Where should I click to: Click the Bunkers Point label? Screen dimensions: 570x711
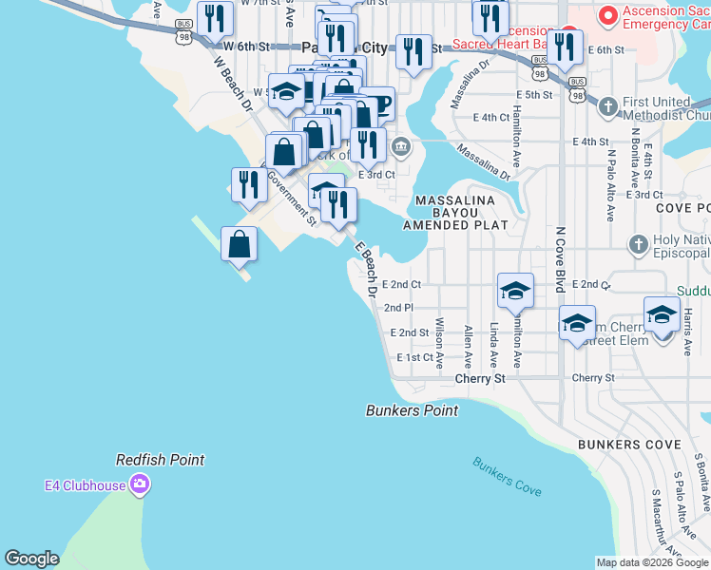pyautogui.click(x=413, y=410)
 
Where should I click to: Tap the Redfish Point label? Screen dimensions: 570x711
pyautogui.click(x=161, y=460)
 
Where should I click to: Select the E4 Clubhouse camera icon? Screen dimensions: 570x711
pyautogui.click(x=141, y=486)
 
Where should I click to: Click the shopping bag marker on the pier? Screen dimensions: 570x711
pyautogui.click(x=240, y=244)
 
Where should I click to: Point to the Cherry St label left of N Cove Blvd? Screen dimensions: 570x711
pyautogui.click(x=480, y=378)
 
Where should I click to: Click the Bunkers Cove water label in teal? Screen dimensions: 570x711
pyautogui.click(x=508, y=476)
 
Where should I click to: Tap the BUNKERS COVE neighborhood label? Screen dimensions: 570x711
pyautogui.click(x=629, y=445)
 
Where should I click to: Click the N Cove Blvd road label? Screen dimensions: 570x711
pyautogui.click(x=561, y=258)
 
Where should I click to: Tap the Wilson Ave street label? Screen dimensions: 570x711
pyautogui.click(x=439, y=342)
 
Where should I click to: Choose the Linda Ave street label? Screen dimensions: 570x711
pyautogui.click(x=493, y=345)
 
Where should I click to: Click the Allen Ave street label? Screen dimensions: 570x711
pyautogui.click(x=468, y=347)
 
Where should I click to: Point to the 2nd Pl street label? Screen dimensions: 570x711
pyautogui.click(x=398, y=308)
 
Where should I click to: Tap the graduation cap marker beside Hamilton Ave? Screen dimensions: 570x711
pyautogui.click(x=515, y=290)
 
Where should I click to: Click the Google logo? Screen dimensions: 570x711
pyautogui.click(x=32, y=559)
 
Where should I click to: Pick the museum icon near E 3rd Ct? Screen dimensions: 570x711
pyautogui.click(x=401, y=146)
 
